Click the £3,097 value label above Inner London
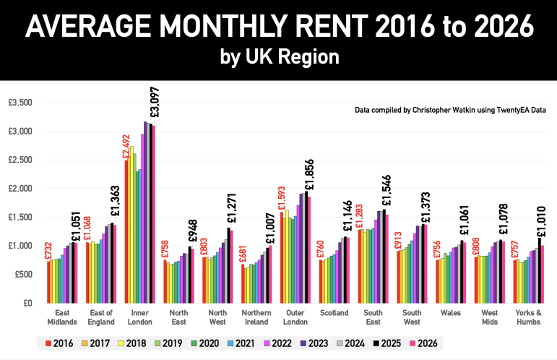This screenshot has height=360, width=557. tap(155, 102)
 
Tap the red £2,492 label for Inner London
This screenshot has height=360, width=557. tap(126, 147)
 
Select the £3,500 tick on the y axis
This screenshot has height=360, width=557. tap(20, 103)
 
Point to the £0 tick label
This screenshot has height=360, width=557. tap(27, 303)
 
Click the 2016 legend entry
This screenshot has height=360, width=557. tap(59, 343)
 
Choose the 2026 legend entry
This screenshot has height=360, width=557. tap(423, 343)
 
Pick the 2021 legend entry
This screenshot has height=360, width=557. tap(241, 343)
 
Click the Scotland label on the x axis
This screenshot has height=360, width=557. tap(334, 313)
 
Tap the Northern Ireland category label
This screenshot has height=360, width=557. tap(256, 317)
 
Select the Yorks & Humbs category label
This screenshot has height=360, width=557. tap(529, 317)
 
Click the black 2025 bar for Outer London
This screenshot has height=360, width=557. tap(306, 247)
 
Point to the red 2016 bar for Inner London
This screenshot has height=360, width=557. tap(126, 232)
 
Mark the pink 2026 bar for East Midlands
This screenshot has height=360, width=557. tap(76, 273)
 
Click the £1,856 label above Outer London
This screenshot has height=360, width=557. tap(309, 174)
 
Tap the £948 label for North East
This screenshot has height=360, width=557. tap(193, 231)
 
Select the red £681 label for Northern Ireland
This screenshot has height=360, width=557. tap(243, 254)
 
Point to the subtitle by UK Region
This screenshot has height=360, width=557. tap(280, 57)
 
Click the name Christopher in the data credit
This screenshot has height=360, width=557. tap(431, 110)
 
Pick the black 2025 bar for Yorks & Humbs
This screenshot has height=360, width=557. tap(540, 270)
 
